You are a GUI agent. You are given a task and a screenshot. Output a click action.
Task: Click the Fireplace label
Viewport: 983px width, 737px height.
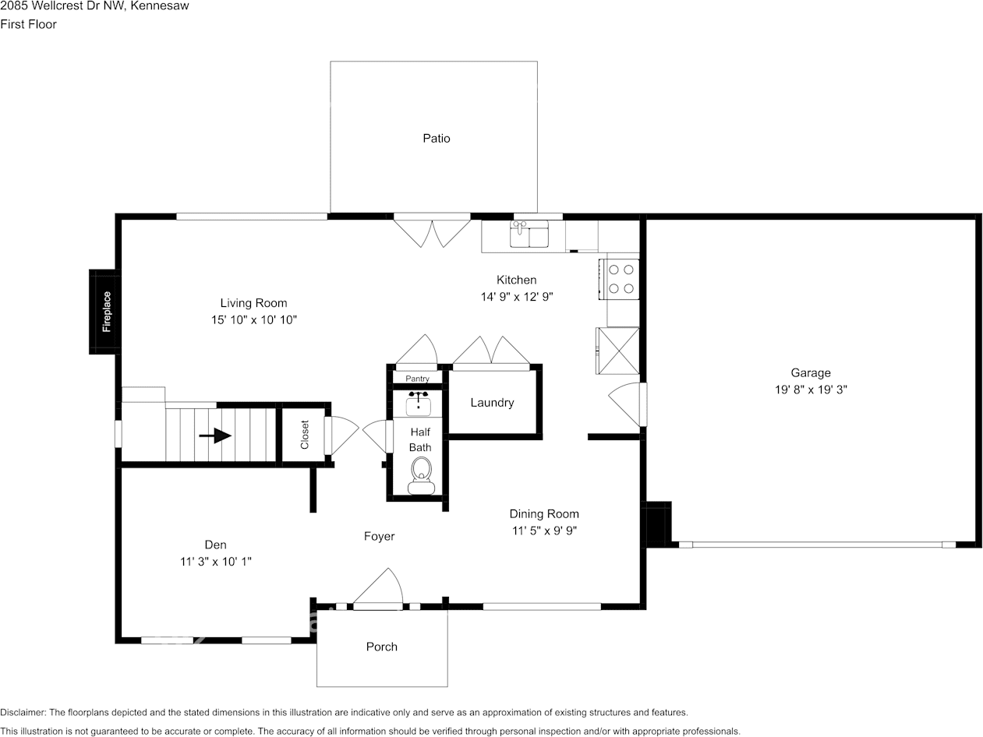tap(107, 312)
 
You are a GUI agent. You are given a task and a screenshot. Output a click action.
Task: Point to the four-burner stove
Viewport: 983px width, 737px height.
tap(621, 279)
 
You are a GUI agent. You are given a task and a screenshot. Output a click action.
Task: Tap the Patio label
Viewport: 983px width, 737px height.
tap(437, 139)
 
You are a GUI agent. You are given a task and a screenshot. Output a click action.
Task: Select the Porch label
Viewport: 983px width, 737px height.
tap(382, 647)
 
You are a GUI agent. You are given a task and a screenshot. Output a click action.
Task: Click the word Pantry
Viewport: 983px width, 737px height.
tap(417, 379)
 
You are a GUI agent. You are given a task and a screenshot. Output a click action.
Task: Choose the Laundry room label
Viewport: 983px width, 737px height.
tap(492, 403)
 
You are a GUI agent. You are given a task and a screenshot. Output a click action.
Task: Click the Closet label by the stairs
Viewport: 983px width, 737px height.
tap(305, 435)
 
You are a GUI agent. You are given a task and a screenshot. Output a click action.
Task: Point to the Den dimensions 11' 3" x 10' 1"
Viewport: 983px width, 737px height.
tap(215, 561)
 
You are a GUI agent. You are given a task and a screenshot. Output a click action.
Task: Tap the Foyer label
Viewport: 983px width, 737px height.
tap(380, 536)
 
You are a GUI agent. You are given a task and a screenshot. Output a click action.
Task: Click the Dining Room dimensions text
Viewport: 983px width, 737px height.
tap(544, 531)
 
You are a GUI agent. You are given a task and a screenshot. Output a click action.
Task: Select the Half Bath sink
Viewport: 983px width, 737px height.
tap(419, 404)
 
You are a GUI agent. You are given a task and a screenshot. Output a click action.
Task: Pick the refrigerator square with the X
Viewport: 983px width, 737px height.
tap(618, 351)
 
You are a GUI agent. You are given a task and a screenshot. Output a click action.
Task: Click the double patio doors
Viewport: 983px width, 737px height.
tap(432, 230)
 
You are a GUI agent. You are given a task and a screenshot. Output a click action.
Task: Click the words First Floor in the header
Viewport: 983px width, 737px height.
tap(29, 24)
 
